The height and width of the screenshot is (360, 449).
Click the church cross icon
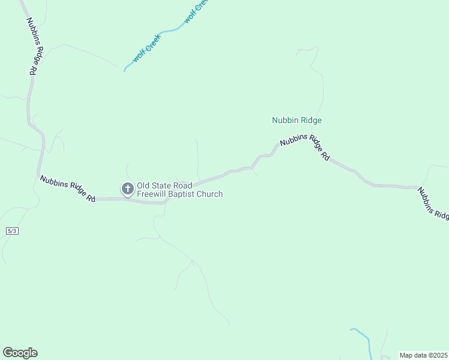pos(127,189)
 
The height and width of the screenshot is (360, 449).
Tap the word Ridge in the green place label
pos(311,120)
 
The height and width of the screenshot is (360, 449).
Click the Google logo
pos(20,353)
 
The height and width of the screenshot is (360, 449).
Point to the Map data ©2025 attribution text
pos(423,355)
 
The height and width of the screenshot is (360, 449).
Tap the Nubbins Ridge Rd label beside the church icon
pos(67,188)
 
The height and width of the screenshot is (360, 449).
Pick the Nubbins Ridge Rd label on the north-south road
pos(32,46)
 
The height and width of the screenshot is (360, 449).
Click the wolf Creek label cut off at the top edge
pos(196,11)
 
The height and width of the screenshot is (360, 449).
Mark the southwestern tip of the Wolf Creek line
pos(124,71)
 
